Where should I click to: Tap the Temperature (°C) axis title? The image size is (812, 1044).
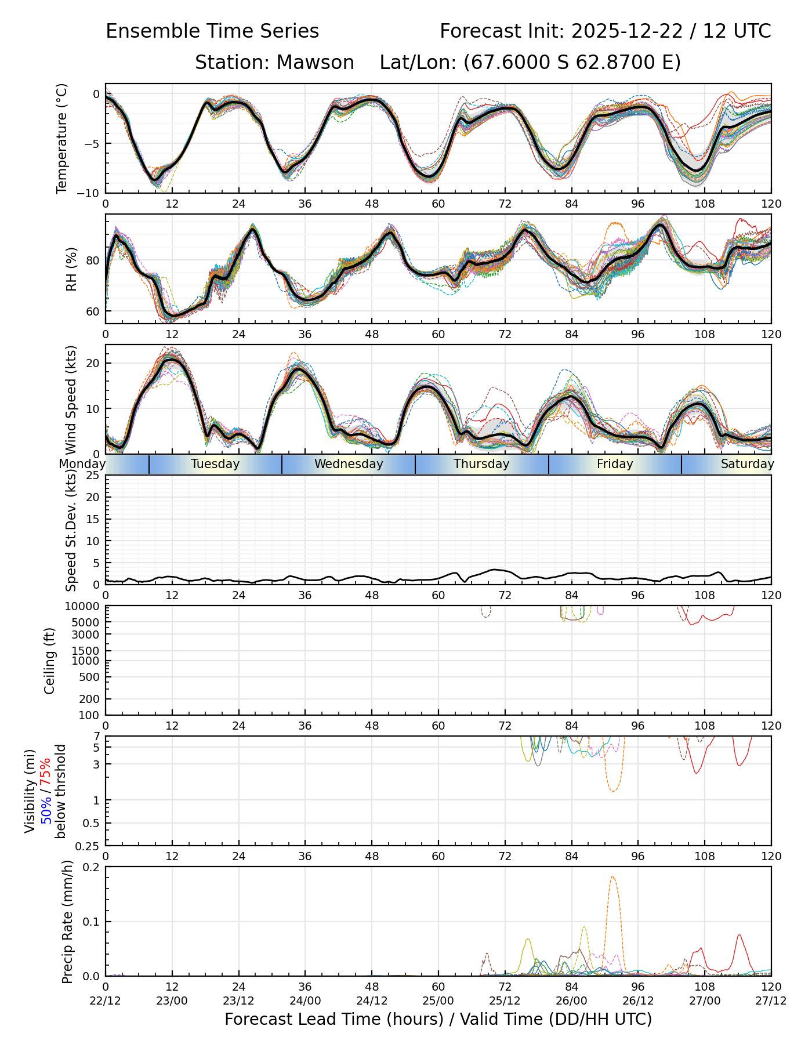point(62,138)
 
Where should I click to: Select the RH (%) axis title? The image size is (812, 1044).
point(71,269)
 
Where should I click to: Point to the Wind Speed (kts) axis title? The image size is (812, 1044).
point(71,400)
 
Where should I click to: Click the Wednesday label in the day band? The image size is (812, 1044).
point(349,464)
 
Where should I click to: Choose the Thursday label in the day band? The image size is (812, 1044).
point(481,464)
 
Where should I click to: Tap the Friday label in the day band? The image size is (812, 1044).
point(615,464)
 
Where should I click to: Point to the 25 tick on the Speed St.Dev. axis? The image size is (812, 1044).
point(93,476)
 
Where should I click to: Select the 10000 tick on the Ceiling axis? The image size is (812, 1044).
point(84,607)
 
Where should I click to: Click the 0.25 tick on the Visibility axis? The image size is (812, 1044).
point(88,846)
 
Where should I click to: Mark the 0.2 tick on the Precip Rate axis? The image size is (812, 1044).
point(92,867)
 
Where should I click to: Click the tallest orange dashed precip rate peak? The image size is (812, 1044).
point(613,878)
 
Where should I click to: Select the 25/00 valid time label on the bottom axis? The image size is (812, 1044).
point(438,1000)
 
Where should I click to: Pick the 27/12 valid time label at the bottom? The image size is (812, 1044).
point(771,1000)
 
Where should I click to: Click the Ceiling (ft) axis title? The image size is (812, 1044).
point(50,661)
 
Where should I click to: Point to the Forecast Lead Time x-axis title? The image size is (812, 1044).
point(438,1020)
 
